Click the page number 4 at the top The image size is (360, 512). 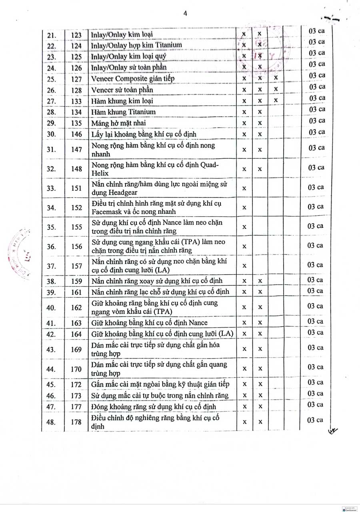tap(185, 14)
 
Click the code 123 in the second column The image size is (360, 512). tap(76, 35)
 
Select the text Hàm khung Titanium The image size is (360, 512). tap(123, 112)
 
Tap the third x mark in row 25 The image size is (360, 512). tap(276, 78)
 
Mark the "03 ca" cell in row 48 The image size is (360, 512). tap(315, 420)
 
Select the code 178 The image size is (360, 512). tap(76, 422)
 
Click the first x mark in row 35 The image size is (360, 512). tap(244, 227)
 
